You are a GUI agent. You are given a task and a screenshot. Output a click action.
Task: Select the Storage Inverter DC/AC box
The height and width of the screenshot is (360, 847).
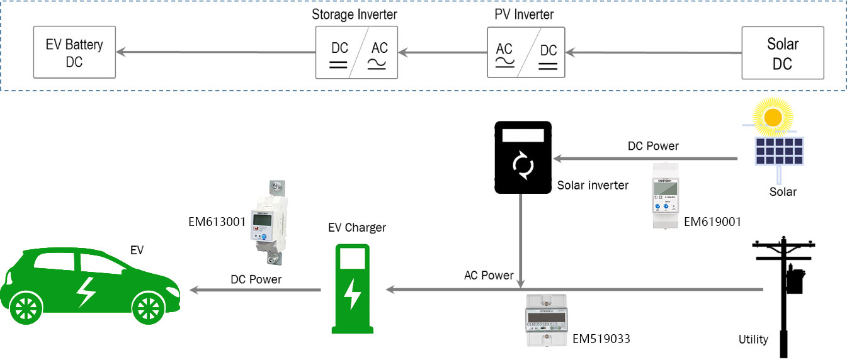coord(356,53)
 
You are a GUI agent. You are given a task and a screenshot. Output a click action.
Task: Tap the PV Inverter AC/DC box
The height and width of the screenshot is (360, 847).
coord(526,53)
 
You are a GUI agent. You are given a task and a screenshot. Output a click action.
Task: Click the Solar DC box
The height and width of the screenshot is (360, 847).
coord(782,53)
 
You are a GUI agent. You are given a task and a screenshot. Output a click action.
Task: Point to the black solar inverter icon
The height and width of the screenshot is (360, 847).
coord(523,157)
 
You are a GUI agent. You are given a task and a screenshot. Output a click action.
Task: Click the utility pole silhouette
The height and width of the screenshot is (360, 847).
coord(785,290)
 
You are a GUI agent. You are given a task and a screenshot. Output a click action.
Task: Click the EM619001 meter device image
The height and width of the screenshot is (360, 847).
coord(668,196)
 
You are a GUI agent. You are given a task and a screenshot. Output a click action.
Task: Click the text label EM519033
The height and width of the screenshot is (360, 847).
coord(601,339)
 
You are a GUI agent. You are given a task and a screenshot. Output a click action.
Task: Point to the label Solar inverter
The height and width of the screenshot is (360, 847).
coord(593,185)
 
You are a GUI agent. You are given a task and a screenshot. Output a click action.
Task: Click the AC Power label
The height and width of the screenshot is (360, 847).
coord(489,275)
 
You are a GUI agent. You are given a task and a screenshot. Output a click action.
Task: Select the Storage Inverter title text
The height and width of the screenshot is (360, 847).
coord(355,14)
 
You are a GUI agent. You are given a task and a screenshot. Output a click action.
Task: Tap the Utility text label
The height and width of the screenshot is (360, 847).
coord(753,339)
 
